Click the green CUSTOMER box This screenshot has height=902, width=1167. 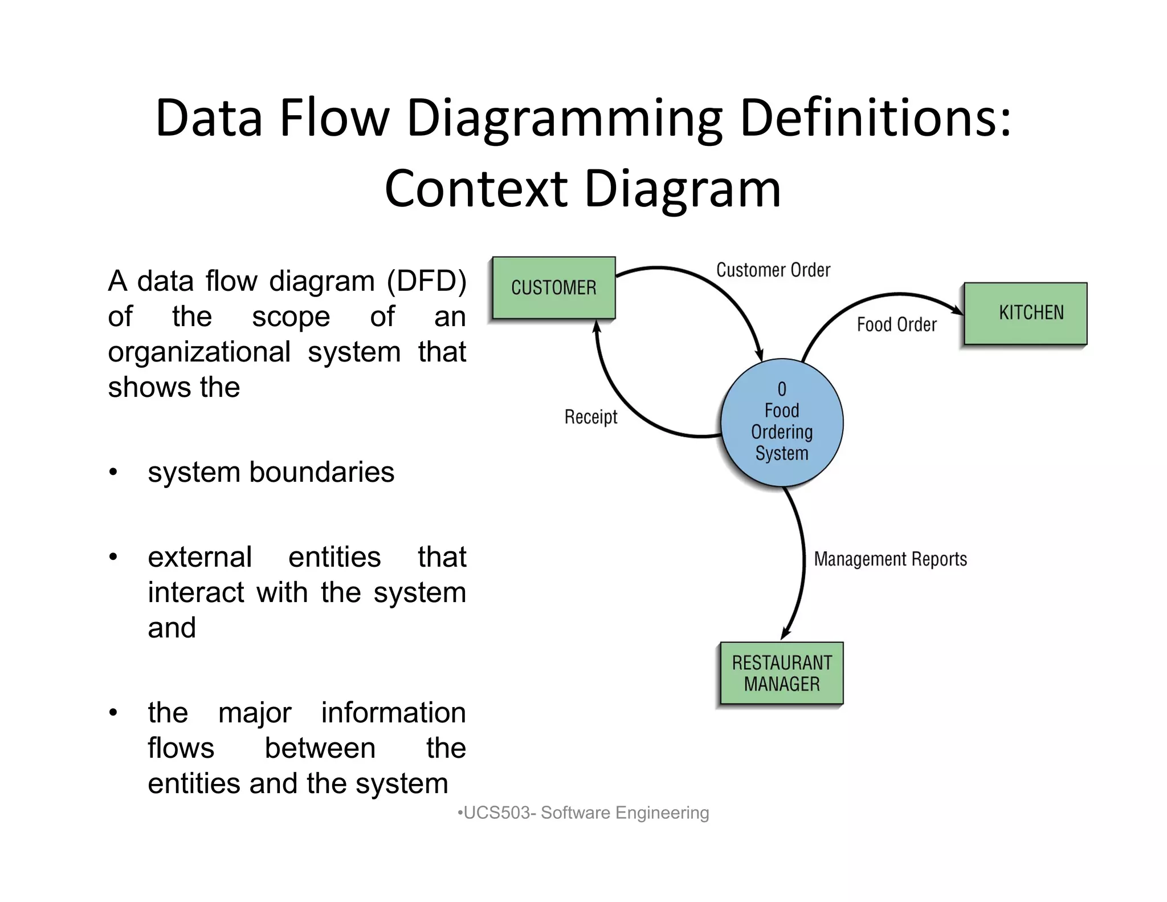pyautogui.click(x=553, y=287)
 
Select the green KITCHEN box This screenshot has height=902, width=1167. pyautogui.click(x=1025, y=313)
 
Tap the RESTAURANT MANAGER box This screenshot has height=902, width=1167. pyautogui.click(x=781, y=673)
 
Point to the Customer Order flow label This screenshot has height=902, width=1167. pyautogui.click(x=773, y=270)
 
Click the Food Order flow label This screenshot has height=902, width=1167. pyautogui.click(x=896, y=324)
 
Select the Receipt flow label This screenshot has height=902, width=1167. pyautogui.click(x=590, y=417)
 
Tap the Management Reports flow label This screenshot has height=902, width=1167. pyautogui.click(x=890, y=559)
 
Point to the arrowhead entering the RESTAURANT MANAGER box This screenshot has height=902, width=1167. pyautogui.click(x=786, y=633)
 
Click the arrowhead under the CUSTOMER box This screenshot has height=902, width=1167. pyautogui.click(x=597, y=326)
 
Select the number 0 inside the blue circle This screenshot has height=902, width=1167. pyautogui.click(x=782, y=389)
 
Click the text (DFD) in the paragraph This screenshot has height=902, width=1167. pyautogui.click(x=427, y=281)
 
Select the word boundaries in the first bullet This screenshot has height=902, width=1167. pyautogui.click(x=321, y=472)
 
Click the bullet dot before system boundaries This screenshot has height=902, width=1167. pyautogui.click(x=113, y=473)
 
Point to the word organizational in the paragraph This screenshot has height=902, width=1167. pyautogui.click(x=199, y=352)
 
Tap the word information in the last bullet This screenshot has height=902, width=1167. pyautogui.click(x=393, y=713)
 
